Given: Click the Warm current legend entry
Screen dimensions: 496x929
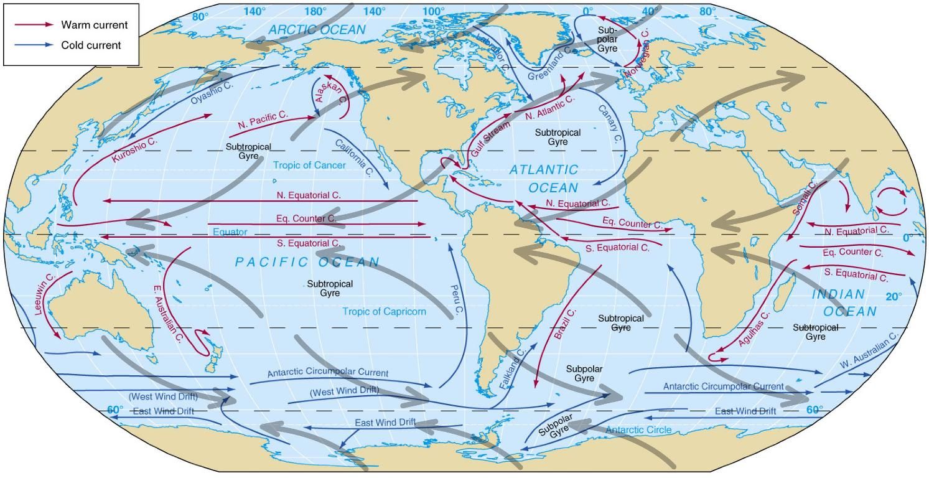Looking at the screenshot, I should click(94, 25).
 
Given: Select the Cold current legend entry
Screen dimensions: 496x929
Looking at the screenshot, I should click(91, 45).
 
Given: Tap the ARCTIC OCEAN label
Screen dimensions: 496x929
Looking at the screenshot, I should click(317, 30).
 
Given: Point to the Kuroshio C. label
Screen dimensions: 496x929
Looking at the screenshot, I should click(135, 151).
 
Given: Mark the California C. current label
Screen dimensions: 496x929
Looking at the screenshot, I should click(353, 157).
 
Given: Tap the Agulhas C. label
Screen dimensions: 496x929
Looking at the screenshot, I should click(754, 329).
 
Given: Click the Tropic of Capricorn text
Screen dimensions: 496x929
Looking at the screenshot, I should click(384, 311).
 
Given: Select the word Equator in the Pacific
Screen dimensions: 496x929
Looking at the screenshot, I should click(230, 232).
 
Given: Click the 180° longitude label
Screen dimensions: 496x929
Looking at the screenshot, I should click(315, 11).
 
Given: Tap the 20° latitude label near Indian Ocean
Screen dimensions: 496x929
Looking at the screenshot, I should click(894, 297).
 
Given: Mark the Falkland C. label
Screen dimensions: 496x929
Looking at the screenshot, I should click(513, 369).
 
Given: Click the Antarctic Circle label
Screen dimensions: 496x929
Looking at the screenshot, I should click(638, 430).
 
